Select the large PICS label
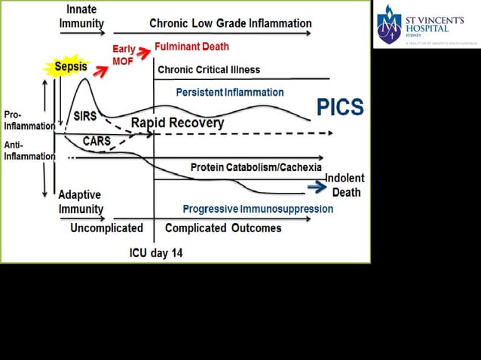tap(340, 108)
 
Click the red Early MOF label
tap(124, 55)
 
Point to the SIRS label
tap(86, 116)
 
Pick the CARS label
tap(97, 141)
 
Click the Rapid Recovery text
tap(177, 123)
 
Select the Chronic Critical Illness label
tap(209, 70)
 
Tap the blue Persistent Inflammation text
tap(229, 93)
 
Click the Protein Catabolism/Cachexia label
tap(256, 167)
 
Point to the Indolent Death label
tap(345, 185)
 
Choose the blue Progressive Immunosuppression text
tap(258, 209)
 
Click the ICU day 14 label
tap(156, 253)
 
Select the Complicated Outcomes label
tap(223, 228)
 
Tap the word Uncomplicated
tap(106, 228)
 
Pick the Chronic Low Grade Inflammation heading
tap(230, 23)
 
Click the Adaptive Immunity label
tap(81, 201)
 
